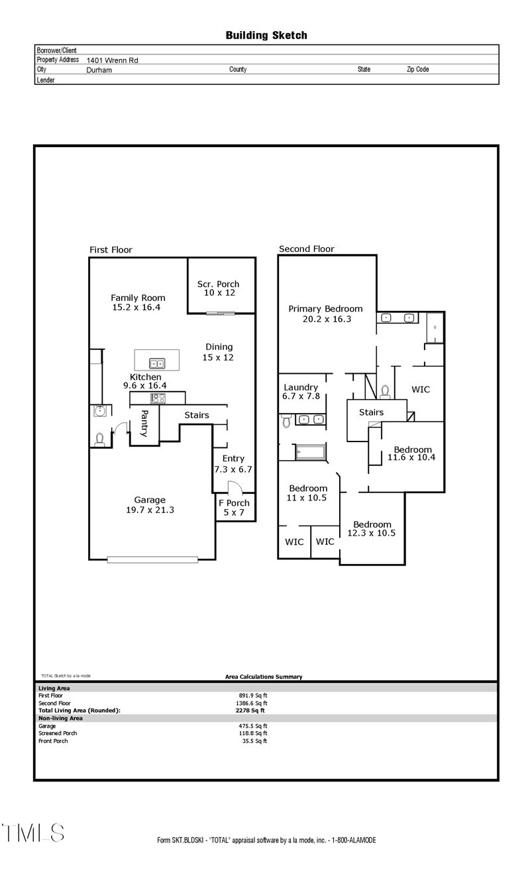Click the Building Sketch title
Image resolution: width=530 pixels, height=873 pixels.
(x=266, y=35)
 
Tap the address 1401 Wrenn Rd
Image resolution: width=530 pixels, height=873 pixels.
(x=112, y=60)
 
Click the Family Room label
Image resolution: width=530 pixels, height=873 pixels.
(x=138, y=298)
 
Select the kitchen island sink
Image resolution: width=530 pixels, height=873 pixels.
(x=157, y=363)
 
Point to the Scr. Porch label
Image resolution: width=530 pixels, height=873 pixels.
(x=219, y=284)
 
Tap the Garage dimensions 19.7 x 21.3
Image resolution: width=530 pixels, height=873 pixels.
(x=150, y=510)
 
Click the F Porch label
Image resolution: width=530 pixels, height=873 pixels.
(x=234, y=503)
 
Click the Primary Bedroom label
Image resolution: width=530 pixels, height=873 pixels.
(x=325, y=308)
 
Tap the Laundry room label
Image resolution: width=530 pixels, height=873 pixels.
(x=301, y=387)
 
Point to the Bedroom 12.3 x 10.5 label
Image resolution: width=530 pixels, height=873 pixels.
(x=372, y=524)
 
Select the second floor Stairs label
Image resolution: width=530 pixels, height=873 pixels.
(x=371, y=412)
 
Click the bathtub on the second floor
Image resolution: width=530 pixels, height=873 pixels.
(x=311, y=453)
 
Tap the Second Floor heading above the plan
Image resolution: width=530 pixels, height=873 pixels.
(x=306, y=249)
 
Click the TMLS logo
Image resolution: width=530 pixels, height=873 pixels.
(x=33, y=833)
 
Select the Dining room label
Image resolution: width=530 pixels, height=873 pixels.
(x=219, y=347)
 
